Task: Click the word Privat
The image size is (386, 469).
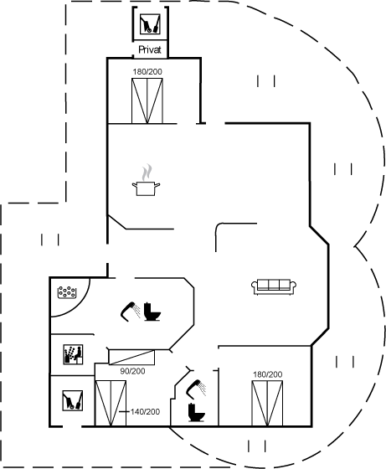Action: click(150, 49)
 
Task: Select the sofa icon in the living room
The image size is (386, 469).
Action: click(274, 286)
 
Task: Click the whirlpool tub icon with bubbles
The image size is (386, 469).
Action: click(67, 292)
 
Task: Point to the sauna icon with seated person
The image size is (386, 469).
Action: click(73, 354)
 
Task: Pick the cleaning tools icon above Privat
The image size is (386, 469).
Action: click(150, 24)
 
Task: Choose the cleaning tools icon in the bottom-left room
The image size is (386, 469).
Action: click(72, 400)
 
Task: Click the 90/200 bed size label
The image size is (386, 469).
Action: click(132, 371)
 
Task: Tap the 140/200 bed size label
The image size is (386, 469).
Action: click(145, 412)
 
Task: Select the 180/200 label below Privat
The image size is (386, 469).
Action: click(147, 72)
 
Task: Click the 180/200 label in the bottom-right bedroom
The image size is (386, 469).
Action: click(268, 374)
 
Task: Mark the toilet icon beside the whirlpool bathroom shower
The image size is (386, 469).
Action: click(152, 312)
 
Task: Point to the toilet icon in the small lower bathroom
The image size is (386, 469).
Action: click(197, 412)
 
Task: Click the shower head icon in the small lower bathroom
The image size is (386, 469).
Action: click(196, 389)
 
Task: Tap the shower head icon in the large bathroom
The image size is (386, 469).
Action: click(131, 312)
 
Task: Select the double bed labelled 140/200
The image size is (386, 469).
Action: click(111, 403)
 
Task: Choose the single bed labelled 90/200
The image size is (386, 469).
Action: click(131, 357)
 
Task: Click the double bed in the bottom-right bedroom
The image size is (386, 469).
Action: click(267, 403)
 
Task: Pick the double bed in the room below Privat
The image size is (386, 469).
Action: click(147, 100)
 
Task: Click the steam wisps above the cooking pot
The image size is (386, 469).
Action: click(147, 173)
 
